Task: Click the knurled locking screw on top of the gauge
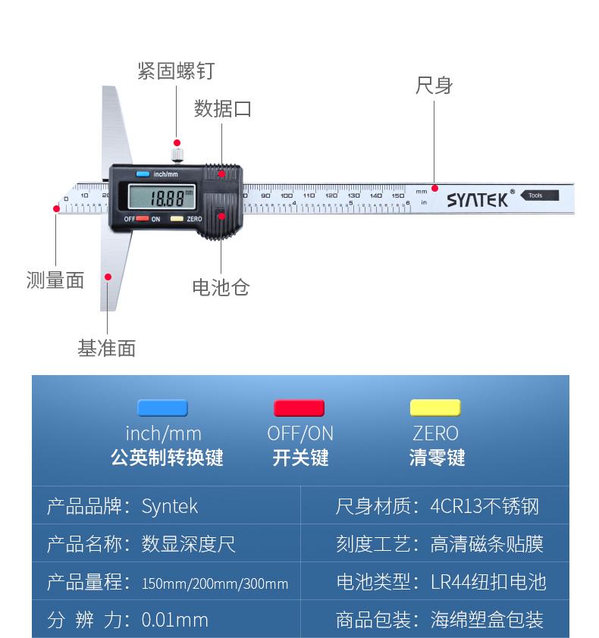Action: pos(177,157)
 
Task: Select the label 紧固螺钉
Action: pos(176,71)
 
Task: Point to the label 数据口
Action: pos(222,109)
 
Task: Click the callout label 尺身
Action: pos(434,86)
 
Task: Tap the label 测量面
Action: pos(55,280)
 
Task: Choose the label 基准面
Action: pos(106,349)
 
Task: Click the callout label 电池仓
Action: pos(221,287)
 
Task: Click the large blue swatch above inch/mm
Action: pos(162,408)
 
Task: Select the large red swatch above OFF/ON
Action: pos(299,408)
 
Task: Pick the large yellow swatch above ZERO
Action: pos(435,408)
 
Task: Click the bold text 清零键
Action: pos(436,458)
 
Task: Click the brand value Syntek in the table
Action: pos(170,506)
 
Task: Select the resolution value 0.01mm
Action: pos(174,620)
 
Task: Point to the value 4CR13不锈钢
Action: pos(485,506)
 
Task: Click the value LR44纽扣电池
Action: pos(488,582)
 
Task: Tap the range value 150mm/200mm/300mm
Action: pos(215,583)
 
